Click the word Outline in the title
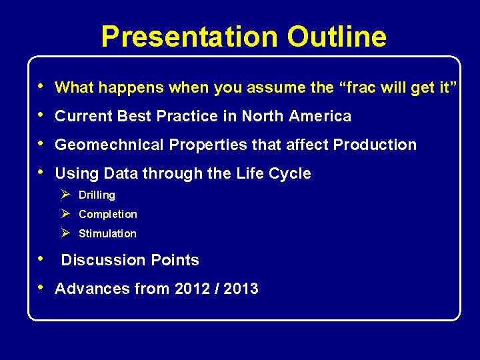(x=337, y=37)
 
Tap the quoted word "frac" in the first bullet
(x=357, y=87)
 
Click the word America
(x=320, y=116)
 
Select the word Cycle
(x=290, y=173)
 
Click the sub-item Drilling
(x=97, y=195)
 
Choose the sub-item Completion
(x=108, y=215)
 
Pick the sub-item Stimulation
(x=107, y=234)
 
